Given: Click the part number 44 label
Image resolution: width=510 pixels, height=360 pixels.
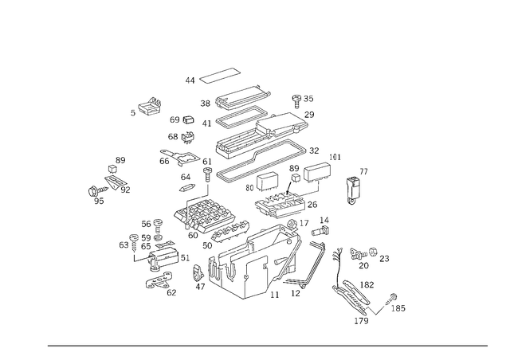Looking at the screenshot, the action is [190, 80].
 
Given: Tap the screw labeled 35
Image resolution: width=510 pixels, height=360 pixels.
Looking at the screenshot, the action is [296, 101].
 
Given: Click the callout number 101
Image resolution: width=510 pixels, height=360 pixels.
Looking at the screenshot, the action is [335, 158].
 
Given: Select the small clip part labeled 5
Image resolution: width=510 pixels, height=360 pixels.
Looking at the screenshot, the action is [151, 106].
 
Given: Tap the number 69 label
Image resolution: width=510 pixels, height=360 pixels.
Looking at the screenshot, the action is [175, 119].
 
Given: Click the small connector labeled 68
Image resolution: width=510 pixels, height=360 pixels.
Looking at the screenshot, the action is [188, 137].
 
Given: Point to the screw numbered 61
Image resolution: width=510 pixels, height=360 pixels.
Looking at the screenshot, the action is [207, 174].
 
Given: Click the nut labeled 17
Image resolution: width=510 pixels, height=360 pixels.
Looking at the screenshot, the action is [291, 224].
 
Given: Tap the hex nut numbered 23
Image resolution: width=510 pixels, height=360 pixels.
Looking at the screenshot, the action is [374, 252].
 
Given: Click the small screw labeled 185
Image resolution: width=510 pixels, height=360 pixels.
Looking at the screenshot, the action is [391, 298].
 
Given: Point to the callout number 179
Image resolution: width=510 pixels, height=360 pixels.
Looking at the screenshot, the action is [361, 321].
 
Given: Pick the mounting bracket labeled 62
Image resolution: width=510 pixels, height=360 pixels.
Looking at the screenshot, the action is [159, 280].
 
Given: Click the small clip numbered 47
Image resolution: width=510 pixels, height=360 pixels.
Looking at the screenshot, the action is [198, 272].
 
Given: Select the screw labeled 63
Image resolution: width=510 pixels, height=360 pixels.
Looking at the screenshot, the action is [134, 242].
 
